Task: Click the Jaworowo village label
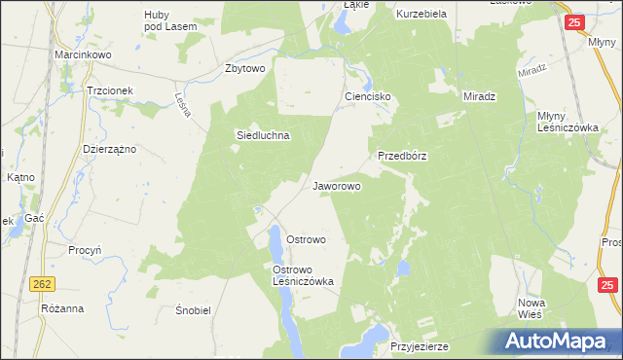click(x=337, y=185)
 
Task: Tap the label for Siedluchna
click(x=263, y=136)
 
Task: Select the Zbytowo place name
click(x=245, y=68)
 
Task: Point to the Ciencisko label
click(x=368, y=97)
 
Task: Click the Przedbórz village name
click(x=403, y=155)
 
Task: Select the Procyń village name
click(x=86, y=250)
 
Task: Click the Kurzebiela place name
click(x=421, y=15)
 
